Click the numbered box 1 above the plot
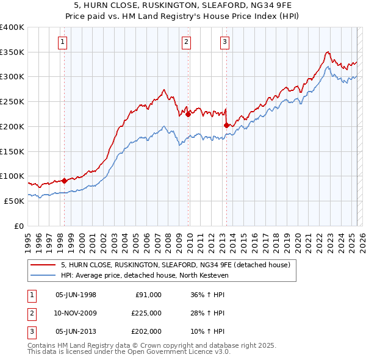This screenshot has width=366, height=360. click(63, 42)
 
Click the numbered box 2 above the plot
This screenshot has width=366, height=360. click(186, 42)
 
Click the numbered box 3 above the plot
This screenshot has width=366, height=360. click(224, 42)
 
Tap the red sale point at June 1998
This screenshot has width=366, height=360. click(64, 181)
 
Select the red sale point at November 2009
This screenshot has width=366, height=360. click(188, 114)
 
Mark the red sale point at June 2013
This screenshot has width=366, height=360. click(226, 126)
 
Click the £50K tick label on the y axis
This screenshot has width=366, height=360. click(14, 201)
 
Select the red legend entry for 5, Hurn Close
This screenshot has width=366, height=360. click(179, 265)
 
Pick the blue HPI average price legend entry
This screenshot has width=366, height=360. click(144, 275)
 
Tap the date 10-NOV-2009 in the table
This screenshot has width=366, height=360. click(76, 313)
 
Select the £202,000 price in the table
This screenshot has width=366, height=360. click(146, 331)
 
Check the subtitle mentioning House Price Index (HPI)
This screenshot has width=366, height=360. click(183, 16)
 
